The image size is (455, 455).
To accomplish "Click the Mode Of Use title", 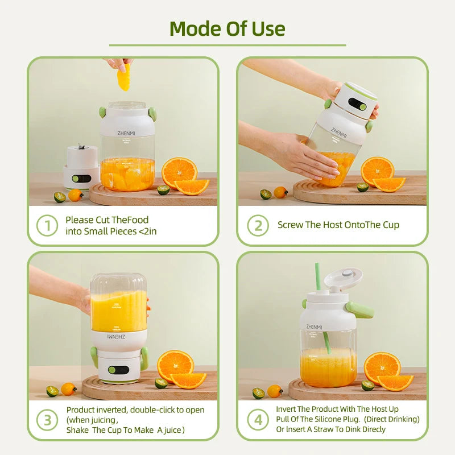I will [227, 28].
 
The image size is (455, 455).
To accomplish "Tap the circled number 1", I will [47, 225].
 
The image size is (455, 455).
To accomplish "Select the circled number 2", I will [258, 225].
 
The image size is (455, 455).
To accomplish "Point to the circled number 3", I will [47, 420].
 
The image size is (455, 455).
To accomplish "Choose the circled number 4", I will [258, 420].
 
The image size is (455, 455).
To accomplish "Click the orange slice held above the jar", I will [123, 77].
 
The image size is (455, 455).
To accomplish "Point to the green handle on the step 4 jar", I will [359, 309].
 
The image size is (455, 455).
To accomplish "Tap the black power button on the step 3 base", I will [115, 370].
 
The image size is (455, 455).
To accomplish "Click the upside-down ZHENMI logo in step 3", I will [118, 337].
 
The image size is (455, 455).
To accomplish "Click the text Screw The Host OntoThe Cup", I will [338, 225].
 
